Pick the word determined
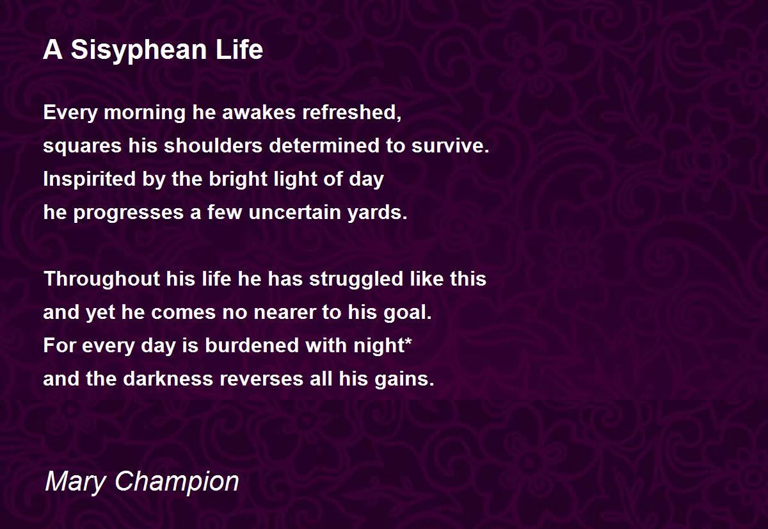324,145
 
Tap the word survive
450,145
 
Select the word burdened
252,345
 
